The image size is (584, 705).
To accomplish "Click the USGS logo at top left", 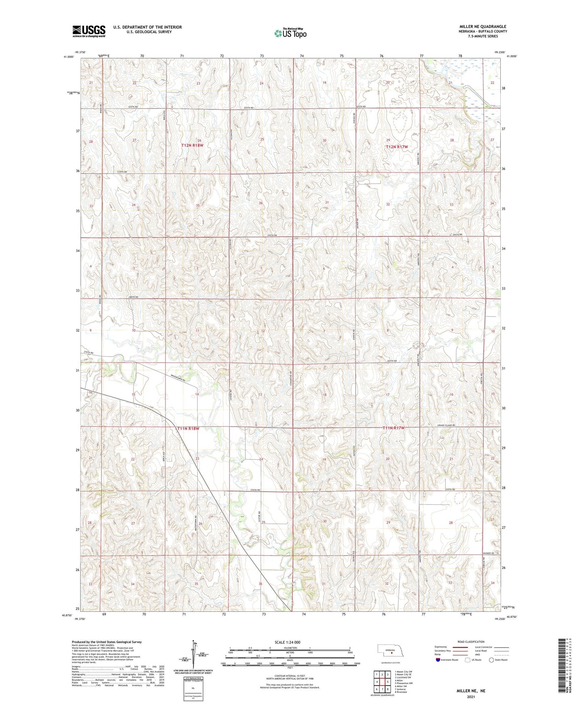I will [x=89, y=31].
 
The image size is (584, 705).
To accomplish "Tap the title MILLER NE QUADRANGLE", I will [x=483, y=27].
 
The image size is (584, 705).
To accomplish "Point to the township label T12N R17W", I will [x=396, y=147].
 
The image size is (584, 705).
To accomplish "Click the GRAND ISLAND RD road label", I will [x=446, y=425].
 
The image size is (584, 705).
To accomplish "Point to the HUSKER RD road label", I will [x=488, y=553].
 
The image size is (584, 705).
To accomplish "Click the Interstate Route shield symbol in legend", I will [x=439, y=660].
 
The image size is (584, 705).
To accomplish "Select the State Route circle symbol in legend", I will [x=491, y=660].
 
